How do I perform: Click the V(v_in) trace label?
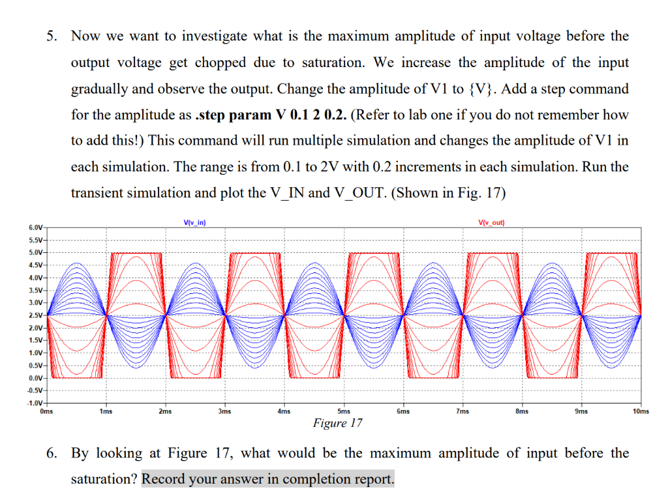point(195,223)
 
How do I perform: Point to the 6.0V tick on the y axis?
point(35,228)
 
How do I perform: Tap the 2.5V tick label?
point(35,315)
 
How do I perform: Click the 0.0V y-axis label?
point(35,378)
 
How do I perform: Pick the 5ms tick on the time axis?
point(344,412)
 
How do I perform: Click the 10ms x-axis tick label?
point(641,412)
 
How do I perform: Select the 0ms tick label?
point(46,412)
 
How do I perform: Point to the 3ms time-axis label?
point(224,412)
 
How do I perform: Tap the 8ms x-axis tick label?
point(522,412)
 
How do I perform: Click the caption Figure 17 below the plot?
point(337,424)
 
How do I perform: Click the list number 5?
point(50,36)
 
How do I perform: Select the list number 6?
point(50,453)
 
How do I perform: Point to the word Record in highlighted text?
point(164,479)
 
